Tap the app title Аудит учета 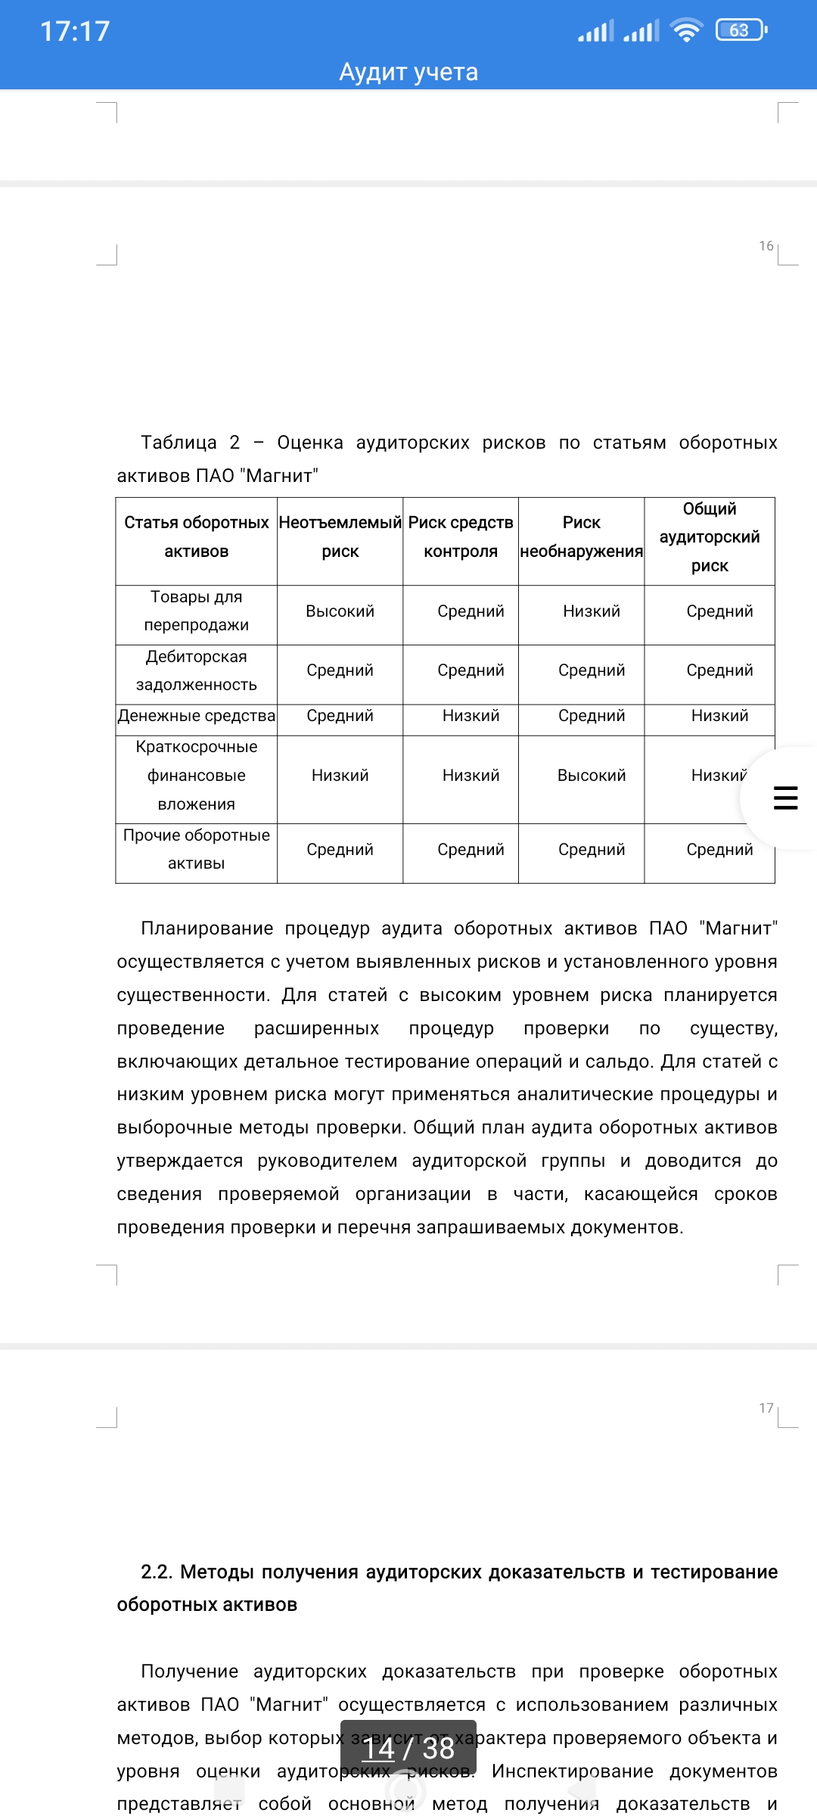tap(408, 72)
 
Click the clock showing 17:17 tap(75, 31)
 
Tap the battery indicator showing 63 tap(740, 30)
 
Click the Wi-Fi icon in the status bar tap(687, 31)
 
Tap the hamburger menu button tap(785, 798)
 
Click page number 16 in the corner tap(766, 246)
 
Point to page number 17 tap(766, 1408)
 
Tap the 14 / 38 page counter tap(408, 1749)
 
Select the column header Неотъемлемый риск tap(340, 536)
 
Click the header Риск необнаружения tap(581, 536)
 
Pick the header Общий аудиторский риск tap(710, 537)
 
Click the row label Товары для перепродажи tap(196, 611)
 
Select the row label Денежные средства tap(196, 716)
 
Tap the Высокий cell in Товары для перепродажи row tap(340, 611)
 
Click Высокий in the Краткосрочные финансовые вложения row tap(592, 776)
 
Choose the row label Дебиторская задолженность tap(196, 670)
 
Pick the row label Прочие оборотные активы tap(196, 849)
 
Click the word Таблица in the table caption tap(179, 443)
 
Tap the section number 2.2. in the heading tap(157, 1572)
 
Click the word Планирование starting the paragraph tap(207, 928)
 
